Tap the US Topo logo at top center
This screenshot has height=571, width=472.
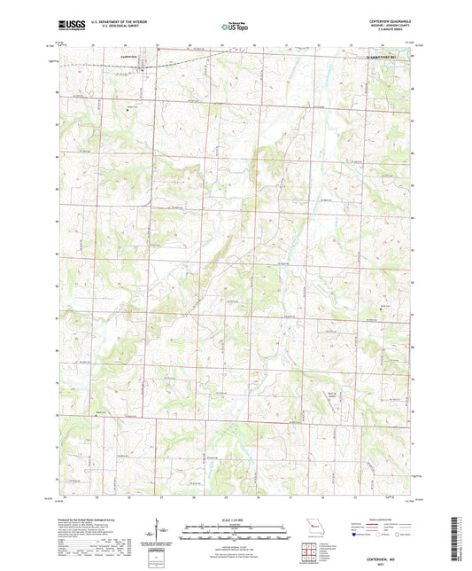[234, 27]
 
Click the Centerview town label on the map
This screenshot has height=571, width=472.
[129, 57]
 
